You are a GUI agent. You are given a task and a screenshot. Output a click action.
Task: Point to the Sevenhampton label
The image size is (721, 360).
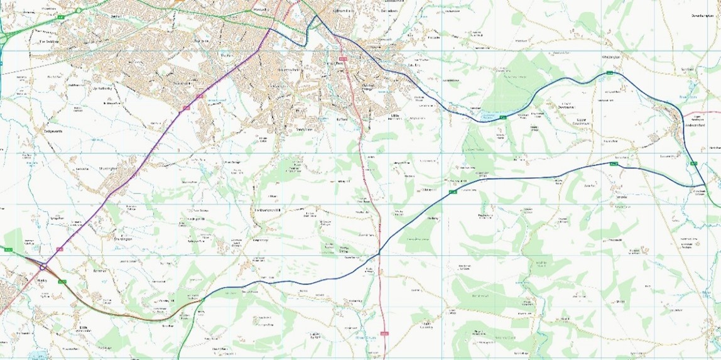[x=703, y=16]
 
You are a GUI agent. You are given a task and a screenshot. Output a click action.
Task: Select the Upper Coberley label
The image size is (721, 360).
[x=428, y=325]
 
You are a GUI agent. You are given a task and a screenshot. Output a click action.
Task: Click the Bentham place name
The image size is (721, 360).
[x=100, y=271]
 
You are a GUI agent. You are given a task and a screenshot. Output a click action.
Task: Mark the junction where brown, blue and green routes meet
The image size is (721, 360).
[x=203, y=300]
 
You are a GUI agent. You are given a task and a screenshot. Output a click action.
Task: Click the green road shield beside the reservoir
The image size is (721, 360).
[x=503, y=117]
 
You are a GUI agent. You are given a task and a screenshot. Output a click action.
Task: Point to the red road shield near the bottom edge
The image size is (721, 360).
[x=384, y=333]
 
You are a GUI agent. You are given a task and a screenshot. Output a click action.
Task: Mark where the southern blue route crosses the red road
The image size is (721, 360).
[x=379, y=253]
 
